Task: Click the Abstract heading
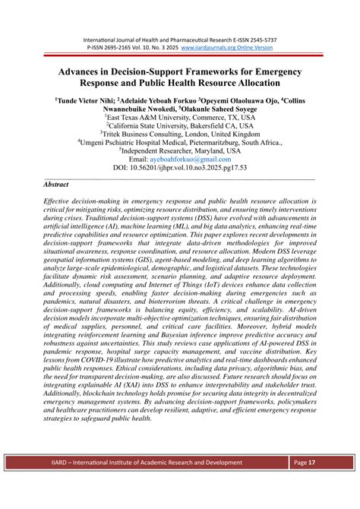pyautogui.click(x=56, y=185)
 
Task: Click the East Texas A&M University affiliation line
pyautogui.click(x=180, y=119)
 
